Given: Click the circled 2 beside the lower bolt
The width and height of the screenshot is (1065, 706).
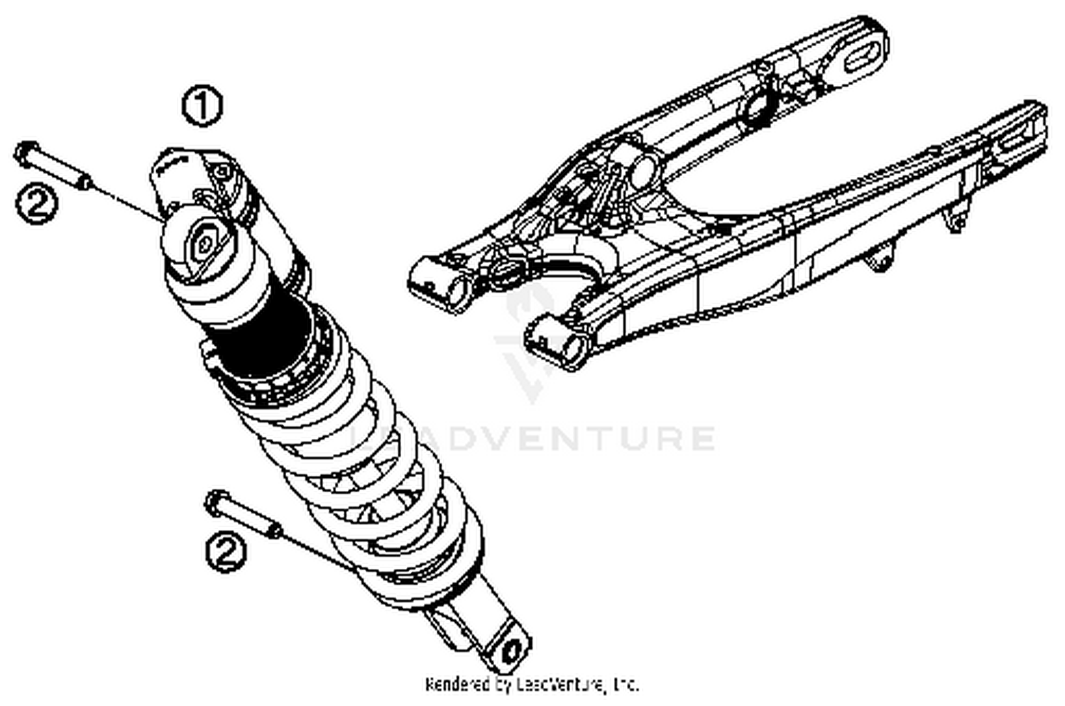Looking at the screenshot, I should [x=226, y=552].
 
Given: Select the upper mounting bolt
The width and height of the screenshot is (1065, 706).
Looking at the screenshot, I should [x=54, y=165].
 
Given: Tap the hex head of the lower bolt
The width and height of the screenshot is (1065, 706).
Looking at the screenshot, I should [x=215, y=501].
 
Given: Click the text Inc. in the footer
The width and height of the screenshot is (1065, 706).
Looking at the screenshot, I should [x=625, y=685].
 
